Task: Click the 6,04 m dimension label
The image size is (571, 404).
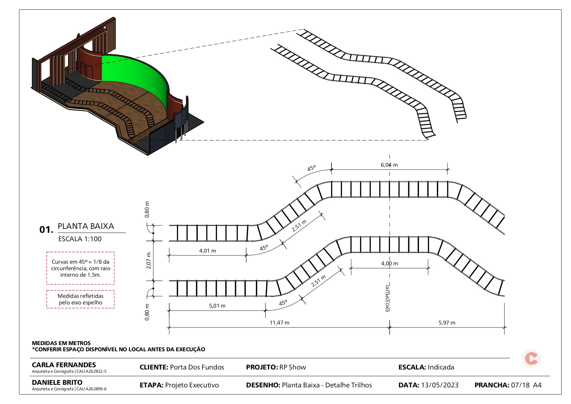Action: click(389, 165)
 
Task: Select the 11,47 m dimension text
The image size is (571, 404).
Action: click(279, 323)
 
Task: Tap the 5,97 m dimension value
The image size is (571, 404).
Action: click(447, 323)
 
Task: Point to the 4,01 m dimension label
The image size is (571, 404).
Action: click(207, 251)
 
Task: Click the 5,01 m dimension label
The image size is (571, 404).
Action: click(217, 306)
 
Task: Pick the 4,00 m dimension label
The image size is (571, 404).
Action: click(389, 263)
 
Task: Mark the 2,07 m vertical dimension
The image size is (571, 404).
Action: click(149, 260)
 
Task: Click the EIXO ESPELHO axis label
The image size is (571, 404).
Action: click(387, 298)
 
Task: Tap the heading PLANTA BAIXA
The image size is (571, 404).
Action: click(86, 226)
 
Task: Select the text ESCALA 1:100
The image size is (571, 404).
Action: click(80, 239)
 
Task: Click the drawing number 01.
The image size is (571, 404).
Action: click(46, 230)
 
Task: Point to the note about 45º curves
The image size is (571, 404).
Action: click(80, 268)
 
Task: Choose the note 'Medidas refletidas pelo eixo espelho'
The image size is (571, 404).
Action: click(80, 299)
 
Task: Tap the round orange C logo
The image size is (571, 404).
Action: click(531, 358)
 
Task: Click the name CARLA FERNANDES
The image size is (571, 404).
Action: click(64, 365)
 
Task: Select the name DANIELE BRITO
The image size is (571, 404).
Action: click(57, 383)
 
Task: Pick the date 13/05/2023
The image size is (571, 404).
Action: click(439, 385)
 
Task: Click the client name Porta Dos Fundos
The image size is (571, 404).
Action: click(197, 367)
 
